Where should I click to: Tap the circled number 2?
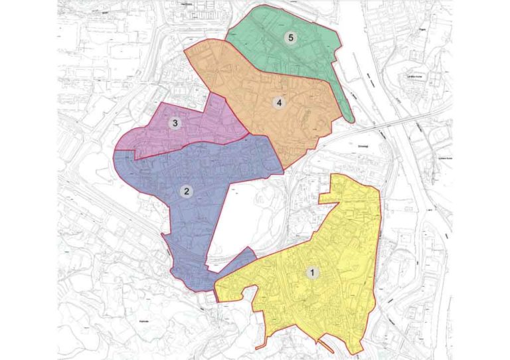coord(187,191)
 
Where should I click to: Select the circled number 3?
coord(175,123)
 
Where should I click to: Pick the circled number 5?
coord(290,38)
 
